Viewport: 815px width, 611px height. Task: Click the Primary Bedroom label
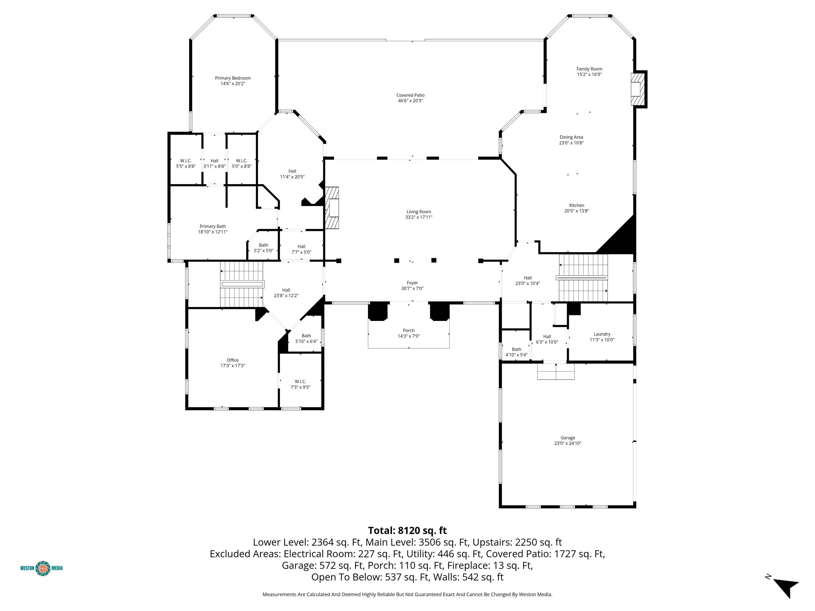tap(233, 78)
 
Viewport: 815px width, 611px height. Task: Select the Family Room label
tap(590, 69)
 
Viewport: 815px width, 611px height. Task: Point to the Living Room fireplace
tap(332, 208)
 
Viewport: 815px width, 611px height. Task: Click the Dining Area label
tap(572, 137)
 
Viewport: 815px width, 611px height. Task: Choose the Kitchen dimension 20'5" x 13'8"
tap(577, 211)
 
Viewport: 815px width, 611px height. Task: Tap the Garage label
tap(568, 438)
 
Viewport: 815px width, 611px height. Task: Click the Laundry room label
tap(602, 334)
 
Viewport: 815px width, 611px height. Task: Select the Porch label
tap(409, 330)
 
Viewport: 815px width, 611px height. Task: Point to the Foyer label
tap(412, 283)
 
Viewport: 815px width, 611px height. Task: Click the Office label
tap(233, 360)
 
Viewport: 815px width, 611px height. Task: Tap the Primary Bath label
tap(213, 226)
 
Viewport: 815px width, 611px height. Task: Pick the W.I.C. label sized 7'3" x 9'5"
tap(300, 382)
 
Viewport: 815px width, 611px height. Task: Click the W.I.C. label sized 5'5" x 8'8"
tap(186, 161)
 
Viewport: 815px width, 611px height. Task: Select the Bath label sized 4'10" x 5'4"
tap(516, 349)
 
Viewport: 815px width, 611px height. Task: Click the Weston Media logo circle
tap(43, 568)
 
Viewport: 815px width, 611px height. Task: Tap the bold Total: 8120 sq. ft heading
tap(407, 531)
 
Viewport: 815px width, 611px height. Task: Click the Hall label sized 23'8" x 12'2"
tap(286, 290)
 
